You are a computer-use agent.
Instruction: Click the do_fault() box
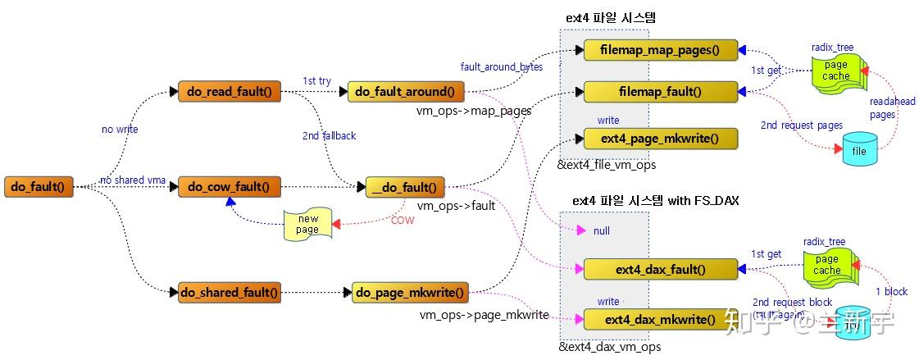[39, 187]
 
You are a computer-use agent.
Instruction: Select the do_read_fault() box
[230, 92]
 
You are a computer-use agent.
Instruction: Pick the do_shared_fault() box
[229, 291]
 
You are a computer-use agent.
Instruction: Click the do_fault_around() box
[406, 92]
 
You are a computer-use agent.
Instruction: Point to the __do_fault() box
[405, 187]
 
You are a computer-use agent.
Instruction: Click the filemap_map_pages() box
[661, 50]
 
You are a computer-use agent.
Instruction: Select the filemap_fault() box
[661, 92]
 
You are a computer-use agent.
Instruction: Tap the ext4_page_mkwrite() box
[661, 139]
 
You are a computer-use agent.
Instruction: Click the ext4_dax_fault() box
[660, 269]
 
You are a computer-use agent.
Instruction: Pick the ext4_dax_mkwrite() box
[660, 319]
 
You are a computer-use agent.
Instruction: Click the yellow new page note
[307, 225]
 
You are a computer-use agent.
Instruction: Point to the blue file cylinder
[860, 152]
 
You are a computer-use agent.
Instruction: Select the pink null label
[601, 231]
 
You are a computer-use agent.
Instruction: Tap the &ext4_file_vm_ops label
[607, 166]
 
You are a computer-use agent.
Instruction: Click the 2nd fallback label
[329, 135]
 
